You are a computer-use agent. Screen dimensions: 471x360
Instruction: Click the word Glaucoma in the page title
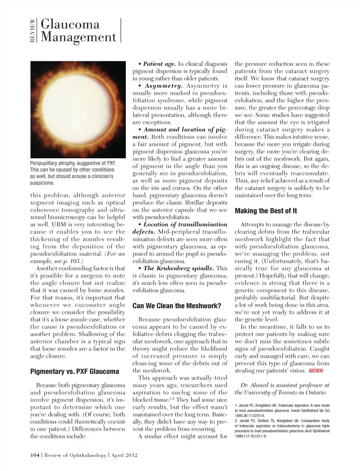pos(70,24)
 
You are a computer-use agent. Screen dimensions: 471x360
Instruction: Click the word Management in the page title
pos(78,37)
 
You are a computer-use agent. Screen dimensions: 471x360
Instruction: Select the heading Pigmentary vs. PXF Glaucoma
pos(74,372)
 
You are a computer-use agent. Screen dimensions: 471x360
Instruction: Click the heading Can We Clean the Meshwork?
pos(177,306)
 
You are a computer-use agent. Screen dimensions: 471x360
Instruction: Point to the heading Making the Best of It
pos(266,211)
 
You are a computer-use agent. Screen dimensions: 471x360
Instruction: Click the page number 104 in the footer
pos(35,455)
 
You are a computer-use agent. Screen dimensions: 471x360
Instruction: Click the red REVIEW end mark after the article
pos(316,371)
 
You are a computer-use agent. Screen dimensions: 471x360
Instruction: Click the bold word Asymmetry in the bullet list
pos(163,86)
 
